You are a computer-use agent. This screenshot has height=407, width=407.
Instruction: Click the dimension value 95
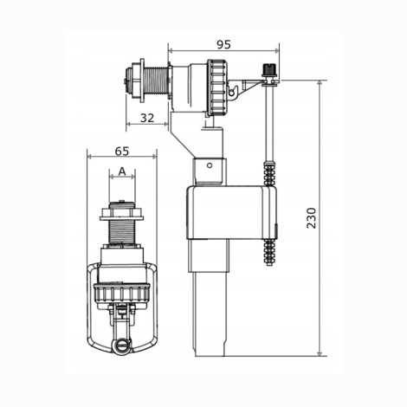click(x=223, y=44)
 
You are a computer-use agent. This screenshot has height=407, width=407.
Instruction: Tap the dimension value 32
click(x=147, y=118)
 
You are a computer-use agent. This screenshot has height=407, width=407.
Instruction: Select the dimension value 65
click(x=122, y=151)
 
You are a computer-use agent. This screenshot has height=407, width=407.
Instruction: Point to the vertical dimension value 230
click(x=312, y=218)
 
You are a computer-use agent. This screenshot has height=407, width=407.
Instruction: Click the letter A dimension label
click(x=122, y=171)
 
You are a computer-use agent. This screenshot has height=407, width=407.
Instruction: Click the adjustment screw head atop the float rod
click(x=269, y=69)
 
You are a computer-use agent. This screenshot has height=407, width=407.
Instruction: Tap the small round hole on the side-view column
click(x=210, y=165)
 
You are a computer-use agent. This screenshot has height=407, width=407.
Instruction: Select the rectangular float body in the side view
click(x=232, y=213)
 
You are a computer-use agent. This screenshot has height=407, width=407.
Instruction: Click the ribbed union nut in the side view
click(x=217, y=87)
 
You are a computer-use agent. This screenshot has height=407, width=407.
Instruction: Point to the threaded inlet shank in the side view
click(x=155, y=82)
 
